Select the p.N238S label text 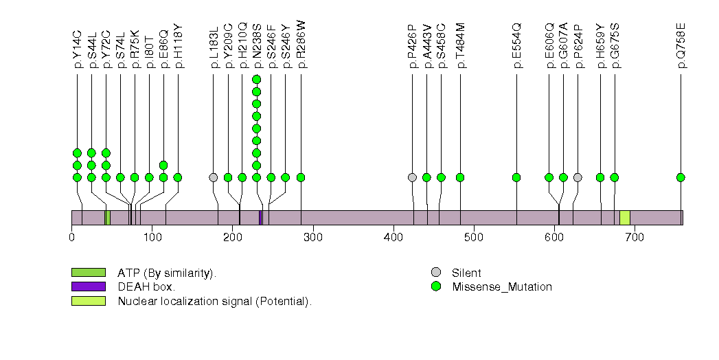point(256,45)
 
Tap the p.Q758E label point(681,45)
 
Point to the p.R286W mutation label point(301,44)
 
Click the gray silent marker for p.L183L point(214,177)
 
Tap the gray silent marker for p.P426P point(412,177)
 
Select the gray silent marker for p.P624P point(578,177)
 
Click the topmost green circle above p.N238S point(256,79)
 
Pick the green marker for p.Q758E point(681,177)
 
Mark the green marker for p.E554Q point(516,177)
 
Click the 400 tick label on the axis point(393,238)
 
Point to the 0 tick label point(72,238)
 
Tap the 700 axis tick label point(635,238)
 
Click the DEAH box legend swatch point(88,286)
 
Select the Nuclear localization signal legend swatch point(88,301)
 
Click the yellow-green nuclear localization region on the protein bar point(625,217)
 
